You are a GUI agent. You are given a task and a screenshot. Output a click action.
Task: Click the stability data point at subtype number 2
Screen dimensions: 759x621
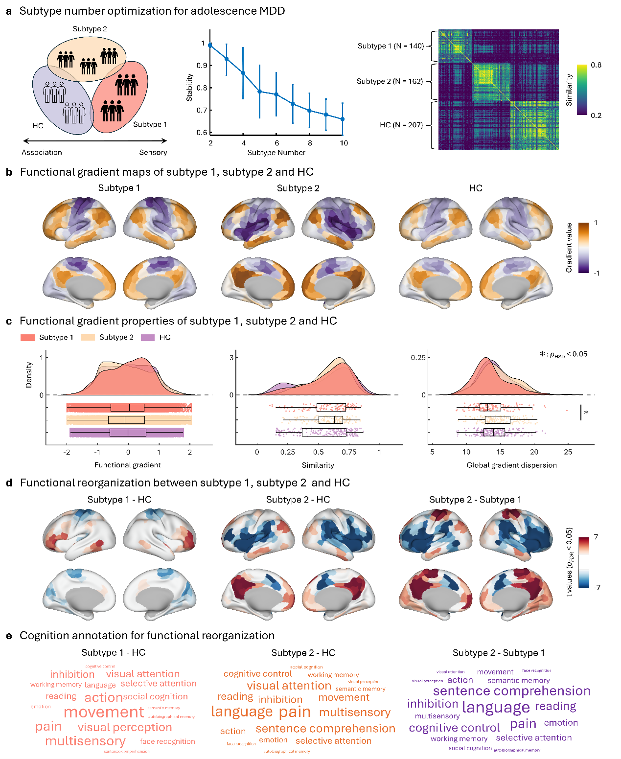click(210, 45)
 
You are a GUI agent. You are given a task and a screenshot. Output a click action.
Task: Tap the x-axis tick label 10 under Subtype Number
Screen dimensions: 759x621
click(344, 143)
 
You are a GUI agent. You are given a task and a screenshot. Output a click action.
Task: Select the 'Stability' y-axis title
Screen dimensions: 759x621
click(189, 88)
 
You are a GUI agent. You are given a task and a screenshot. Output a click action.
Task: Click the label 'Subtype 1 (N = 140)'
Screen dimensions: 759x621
click(391, 46)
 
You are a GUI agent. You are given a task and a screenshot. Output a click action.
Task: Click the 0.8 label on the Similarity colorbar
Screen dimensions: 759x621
click(596, 65)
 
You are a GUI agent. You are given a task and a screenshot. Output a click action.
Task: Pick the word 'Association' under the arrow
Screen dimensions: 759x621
click(42, 152)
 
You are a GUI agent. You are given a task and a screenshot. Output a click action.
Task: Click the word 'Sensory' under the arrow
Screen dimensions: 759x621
click(153, 152)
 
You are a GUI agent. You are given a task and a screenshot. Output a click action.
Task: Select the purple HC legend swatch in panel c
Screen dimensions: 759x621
click(148, 338)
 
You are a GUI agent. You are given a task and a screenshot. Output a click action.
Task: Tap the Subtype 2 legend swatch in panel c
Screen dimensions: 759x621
click(88, 338)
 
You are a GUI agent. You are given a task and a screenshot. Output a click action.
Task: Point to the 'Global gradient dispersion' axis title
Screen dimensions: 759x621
click(511, 465)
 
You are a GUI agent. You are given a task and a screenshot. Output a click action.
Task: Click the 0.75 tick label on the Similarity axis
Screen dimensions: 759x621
click(349, 452)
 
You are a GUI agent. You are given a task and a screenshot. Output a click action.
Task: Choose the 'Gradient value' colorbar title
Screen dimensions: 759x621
click(569, 248)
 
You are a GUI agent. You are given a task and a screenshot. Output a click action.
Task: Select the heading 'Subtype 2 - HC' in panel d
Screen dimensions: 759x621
click(298, 500)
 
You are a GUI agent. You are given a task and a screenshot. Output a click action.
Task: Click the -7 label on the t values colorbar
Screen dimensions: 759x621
click(597, 587)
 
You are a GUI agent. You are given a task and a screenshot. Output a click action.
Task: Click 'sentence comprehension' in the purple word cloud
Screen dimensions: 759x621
click(511, 691)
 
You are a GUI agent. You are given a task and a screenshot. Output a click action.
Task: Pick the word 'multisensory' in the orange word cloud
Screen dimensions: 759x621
click(355, 713)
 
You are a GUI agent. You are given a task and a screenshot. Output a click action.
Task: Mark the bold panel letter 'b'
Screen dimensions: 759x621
click(9, 172)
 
